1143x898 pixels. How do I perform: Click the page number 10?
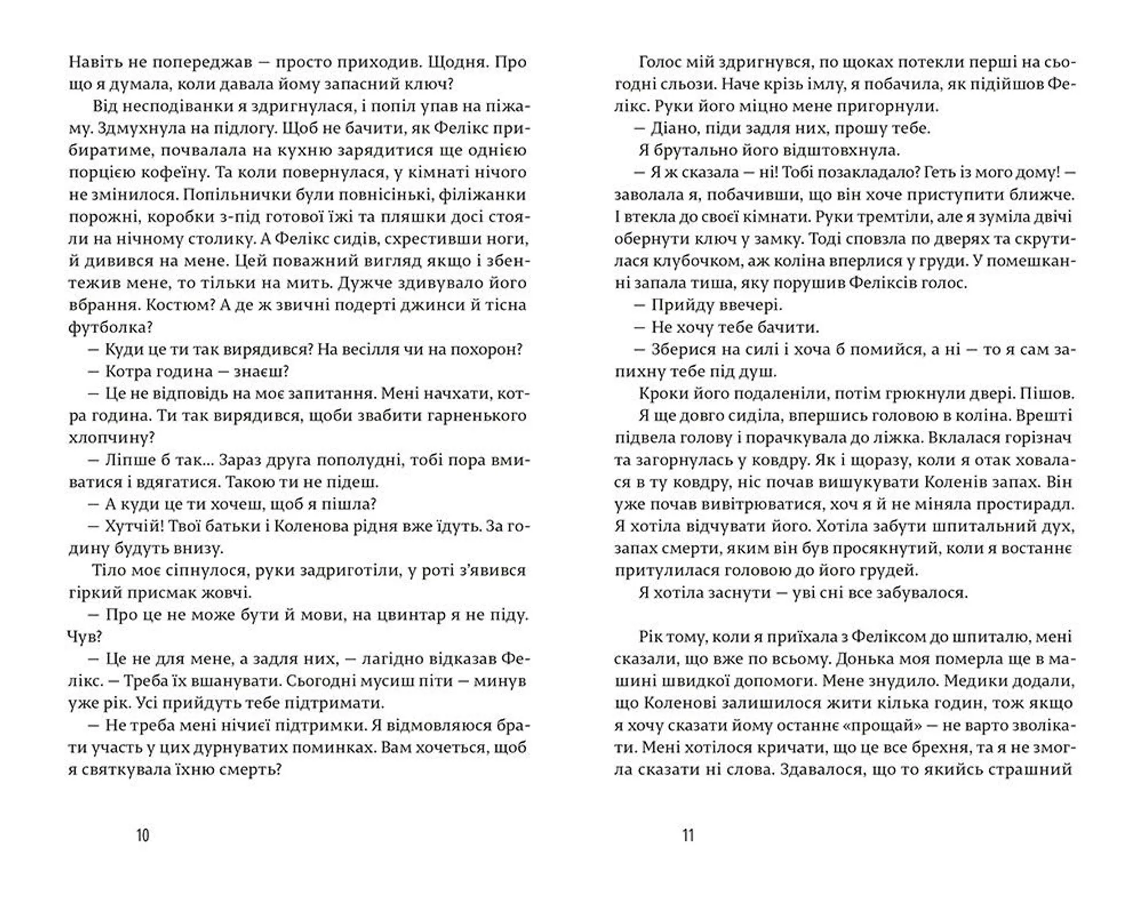coord(143,836)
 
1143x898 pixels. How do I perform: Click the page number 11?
coord(688,836)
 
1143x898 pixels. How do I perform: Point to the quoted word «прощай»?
coord(873,725)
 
